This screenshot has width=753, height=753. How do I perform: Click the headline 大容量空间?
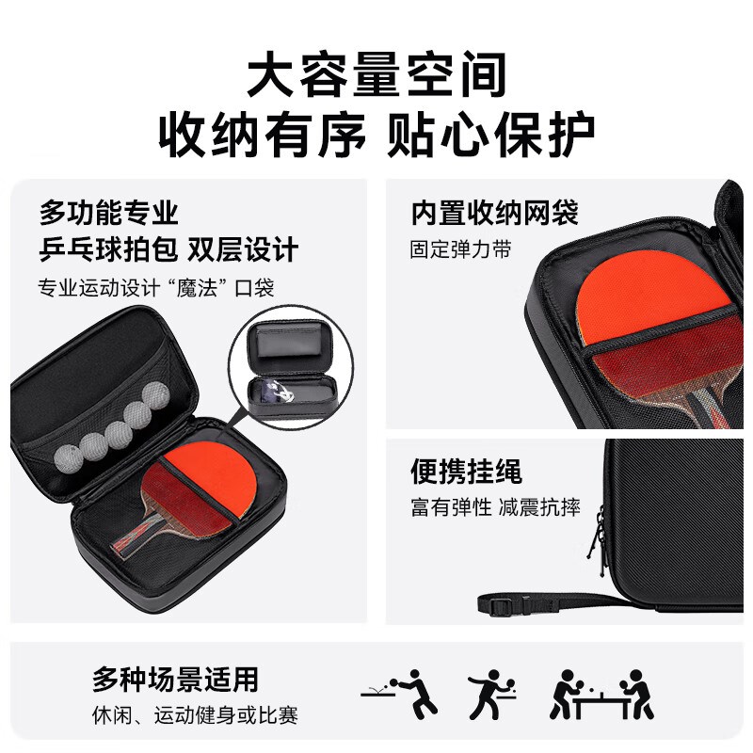pos(376,74)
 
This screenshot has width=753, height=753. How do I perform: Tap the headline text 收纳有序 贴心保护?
pos(376,135)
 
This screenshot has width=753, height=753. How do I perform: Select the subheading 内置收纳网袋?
pos(495,214)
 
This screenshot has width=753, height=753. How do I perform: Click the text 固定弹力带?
pos(460,249)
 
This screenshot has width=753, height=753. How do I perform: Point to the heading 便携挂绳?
pos(466,472)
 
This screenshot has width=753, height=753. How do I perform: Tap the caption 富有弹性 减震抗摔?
pos(495,507)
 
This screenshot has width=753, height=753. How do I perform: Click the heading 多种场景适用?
pos(175,679)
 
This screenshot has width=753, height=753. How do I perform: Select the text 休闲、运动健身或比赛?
pos(195,715)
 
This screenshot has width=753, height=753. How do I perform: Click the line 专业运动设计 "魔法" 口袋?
pos(156,288)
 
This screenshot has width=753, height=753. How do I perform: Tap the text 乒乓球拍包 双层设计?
pos(168,249)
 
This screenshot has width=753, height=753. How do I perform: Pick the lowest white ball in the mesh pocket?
pos(66,458)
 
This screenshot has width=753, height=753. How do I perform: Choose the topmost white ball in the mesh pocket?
pos(156,395)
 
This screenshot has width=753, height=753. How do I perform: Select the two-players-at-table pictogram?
pos(601,694)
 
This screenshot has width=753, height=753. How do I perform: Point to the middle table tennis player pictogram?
pos(491,694)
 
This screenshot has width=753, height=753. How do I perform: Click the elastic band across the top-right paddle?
pos(661,327)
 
